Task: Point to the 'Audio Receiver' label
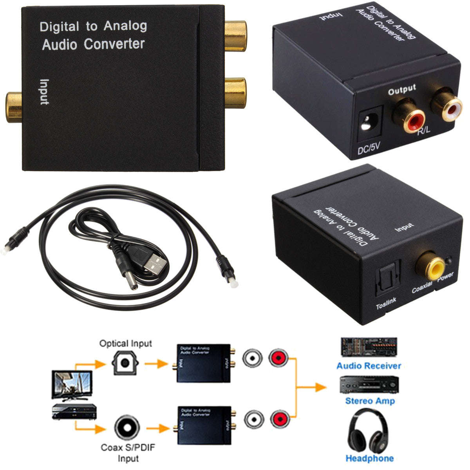tap(369, 366)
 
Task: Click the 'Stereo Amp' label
tap(370, 401)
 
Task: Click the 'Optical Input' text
tap(125, 343)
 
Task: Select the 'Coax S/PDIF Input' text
tap(128, 452)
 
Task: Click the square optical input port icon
tap(125, 363)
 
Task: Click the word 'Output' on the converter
tap(401, 90)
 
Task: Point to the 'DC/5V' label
tap(369, 149)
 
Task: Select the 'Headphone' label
tap(369, 458)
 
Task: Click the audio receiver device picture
tap(369, 347)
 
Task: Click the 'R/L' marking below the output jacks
tap(423, 130)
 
